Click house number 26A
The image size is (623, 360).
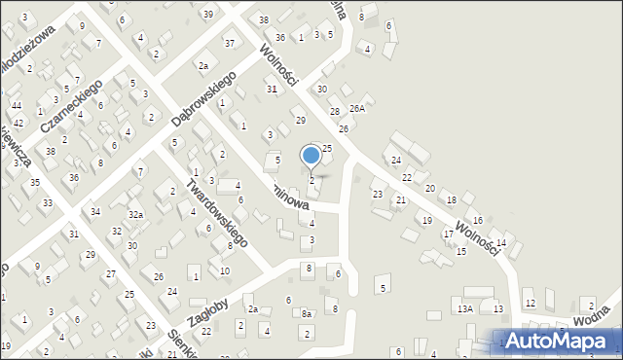(x=356, y=108)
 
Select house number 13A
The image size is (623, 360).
(x=464, y=308)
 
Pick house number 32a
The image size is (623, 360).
(x=136, y=214)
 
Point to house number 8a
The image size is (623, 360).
(x=306, y=313)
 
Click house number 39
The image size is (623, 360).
(x=208, y=14)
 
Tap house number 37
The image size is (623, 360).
(x=230, y=43)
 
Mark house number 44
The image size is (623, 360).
(x=17, y=105)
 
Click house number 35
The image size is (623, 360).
(x=34, y=182)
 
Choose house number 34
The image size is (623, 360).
(x=94, y=211)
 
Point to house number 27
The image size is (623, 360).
(x=111, y=273)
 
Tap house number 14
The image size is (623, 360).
(x=501, y=242)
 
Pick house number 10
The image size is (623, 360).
(x=225, y=270)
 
